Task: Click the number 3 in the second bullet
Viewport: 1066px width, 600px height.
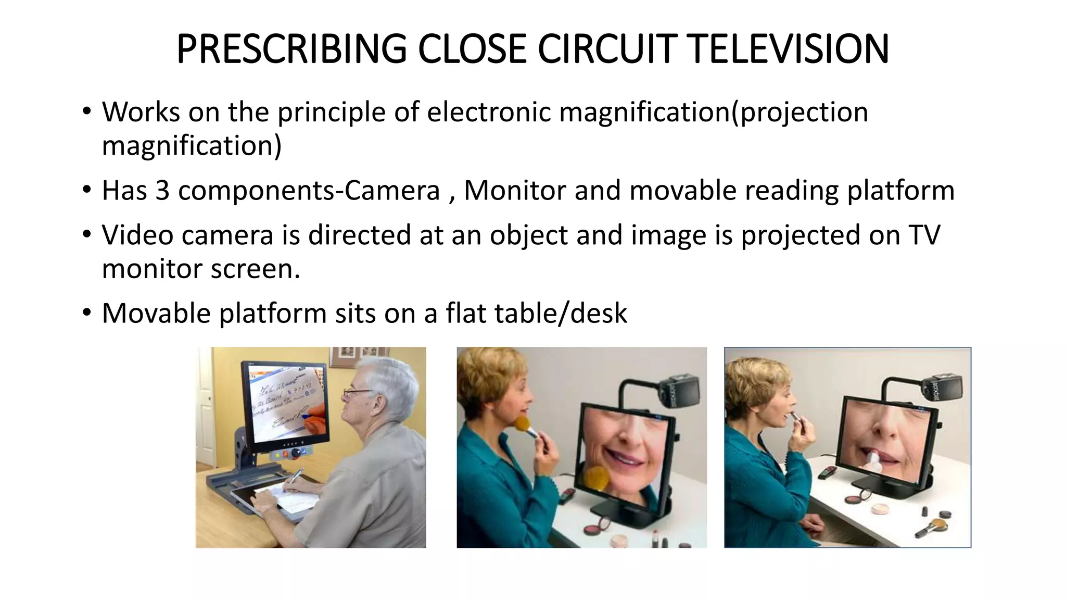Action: pos(162,190)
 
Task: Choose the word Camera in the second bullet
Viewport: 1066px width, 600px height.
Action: pos(391,190)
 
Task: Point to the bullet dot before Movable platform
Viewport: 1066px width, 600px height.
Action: pos(86,313)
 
